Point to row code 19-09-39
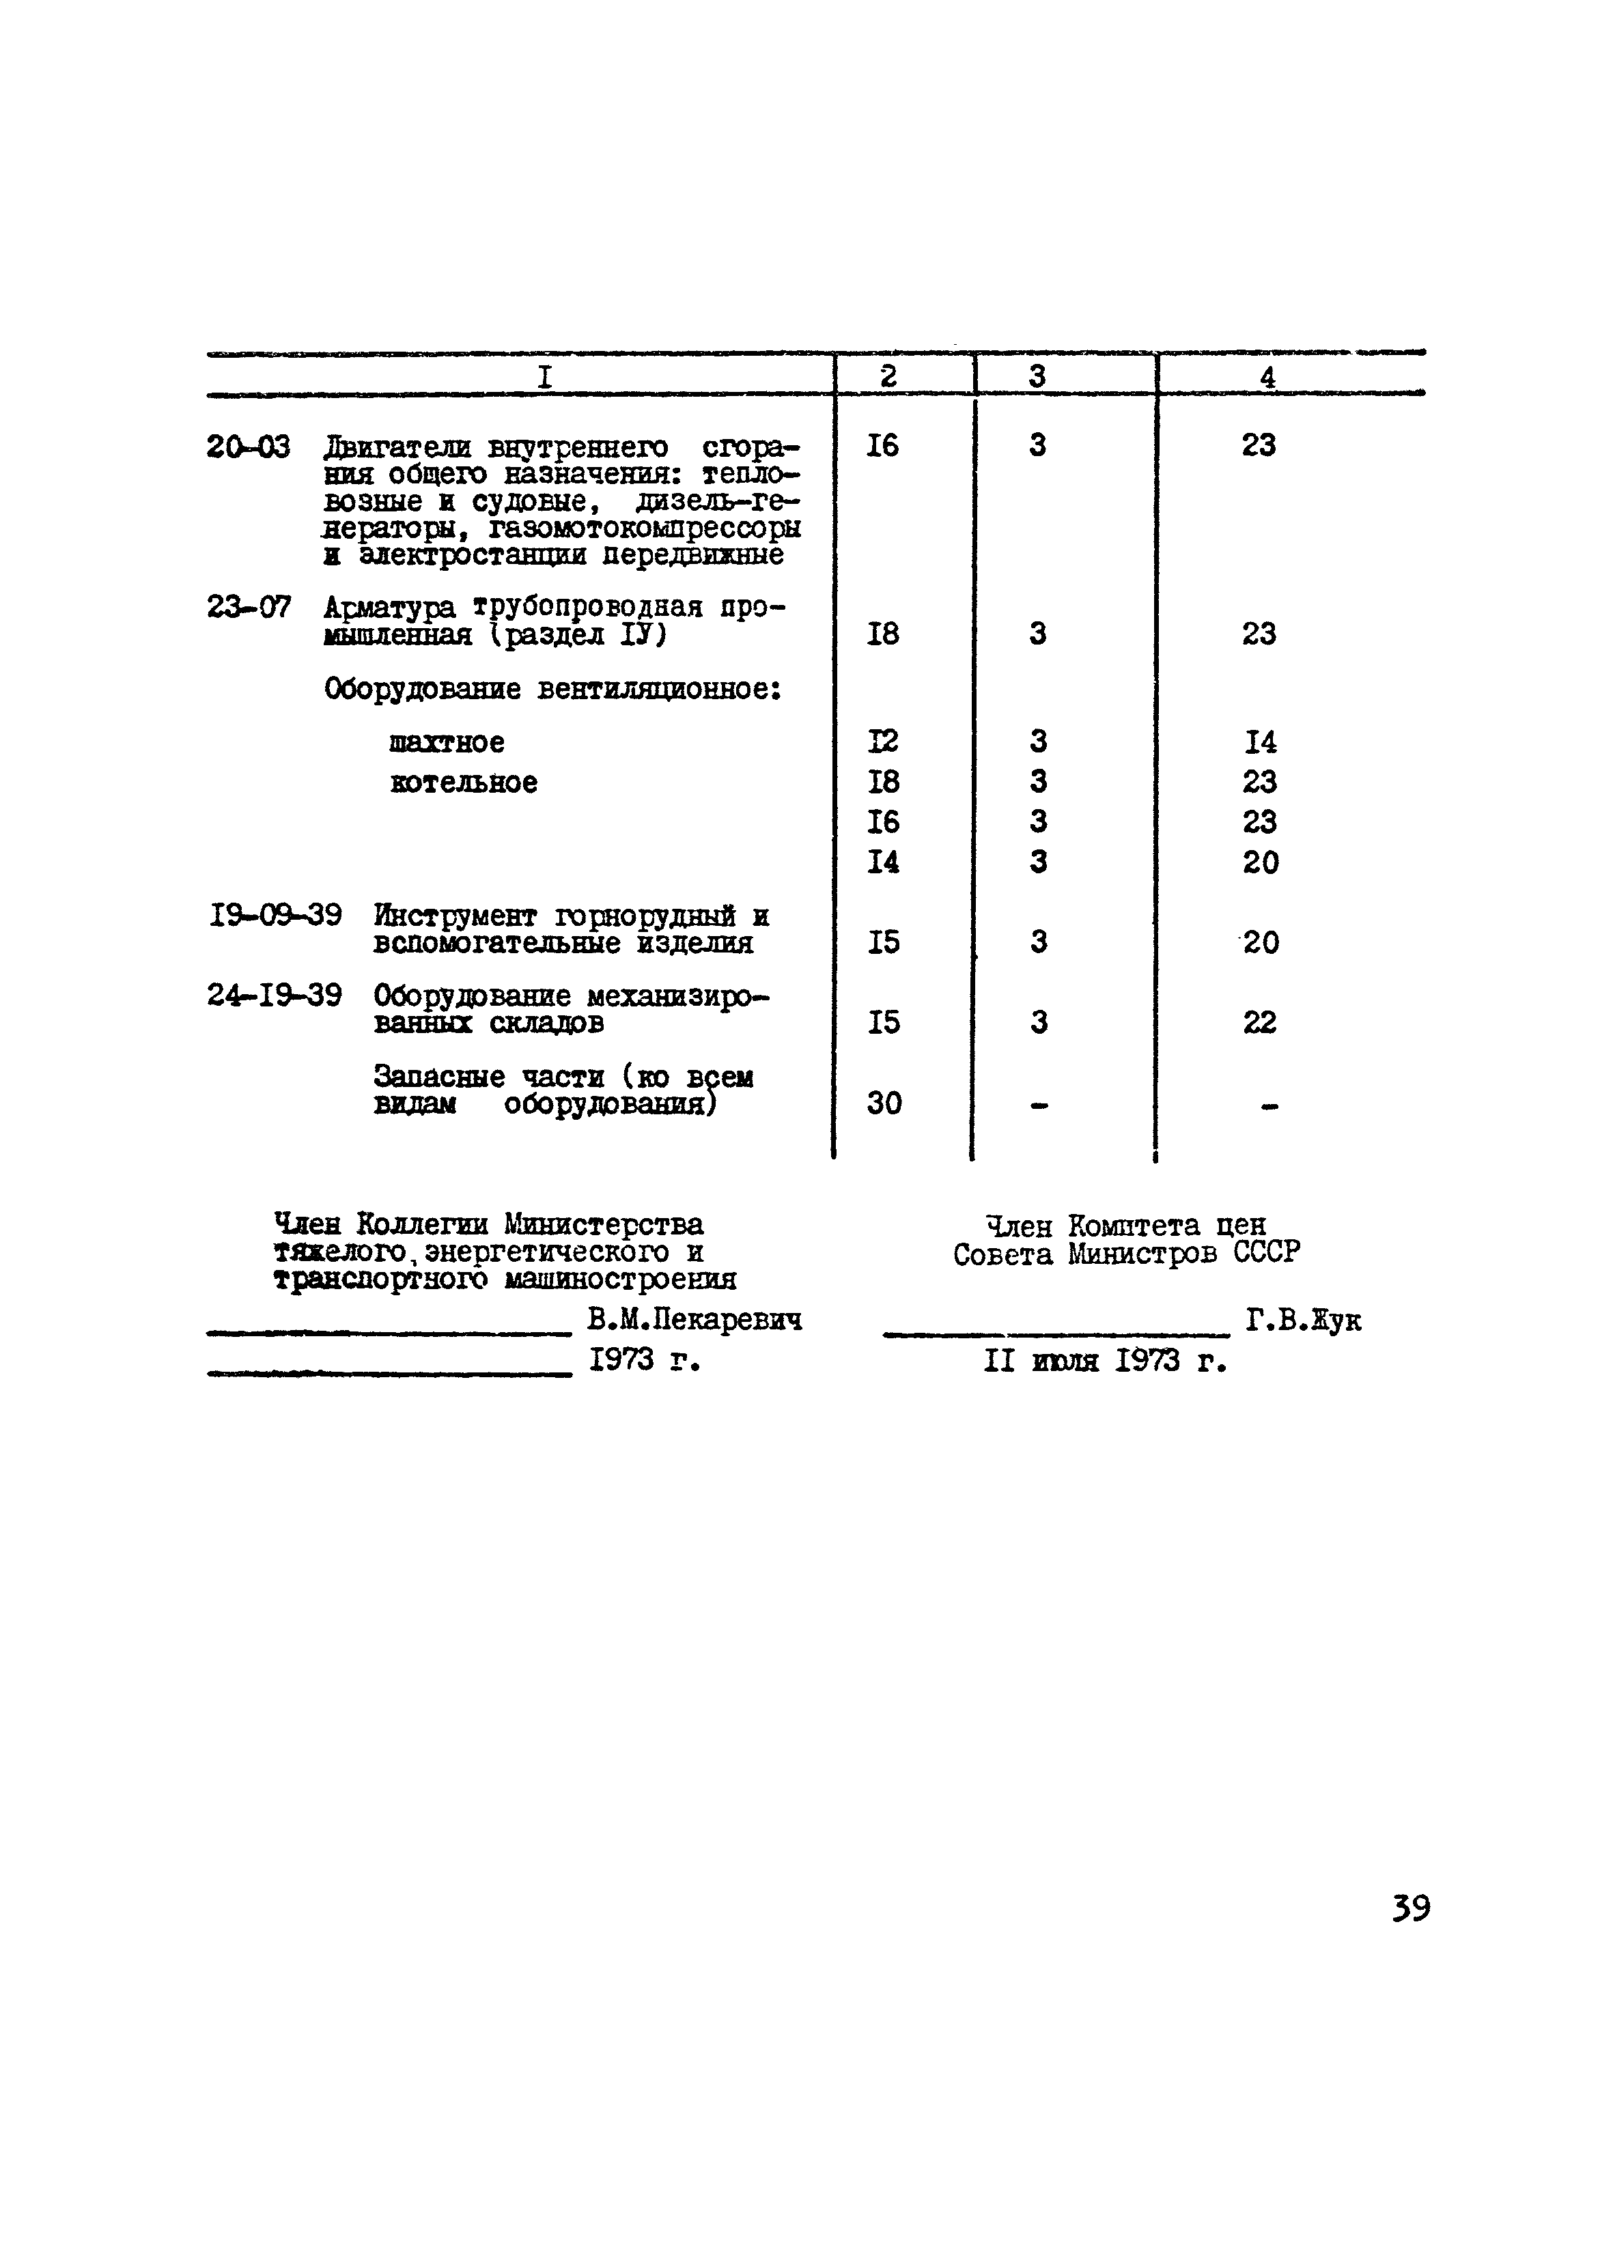[275, 914]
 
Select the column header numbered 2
[888, 376]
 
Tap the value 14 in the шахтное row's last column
[1259, 742]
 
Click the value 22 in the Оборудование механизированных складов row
[1259, 1021]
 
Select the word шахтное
[446, 742]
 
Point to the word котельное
[463, 782]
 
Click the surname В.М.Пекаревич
[695, 1320]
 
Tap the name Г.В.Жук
[1303, 1321]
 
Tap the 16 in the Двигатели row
[882, 446]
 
